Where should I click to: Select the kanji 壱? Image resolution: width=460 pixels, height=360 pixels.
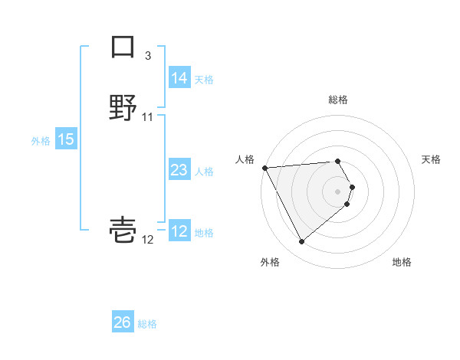[123, 229]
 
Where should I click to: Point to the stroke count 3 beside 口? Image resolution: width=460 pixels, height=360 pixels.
[148, 55]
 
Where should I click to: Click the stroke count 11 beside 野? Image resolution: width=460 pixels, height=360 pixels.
[148, 116]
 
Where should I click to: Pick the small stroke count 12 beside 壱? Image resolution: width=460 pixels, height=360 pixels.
[148, 240]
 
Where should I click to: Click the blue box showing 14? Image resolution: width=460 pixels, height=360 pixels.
[179, 78]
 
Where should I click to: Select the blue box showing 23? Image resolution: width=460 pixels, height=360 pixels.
[179, 170]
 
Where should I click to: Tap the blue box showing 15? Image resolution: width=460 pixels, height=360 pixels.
[65, 139]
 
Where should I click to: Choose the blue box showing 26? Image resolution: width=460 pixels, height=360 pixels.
[123, 322]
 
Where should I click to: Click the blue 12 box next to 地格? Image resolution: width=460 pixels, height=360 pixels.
[179, 231]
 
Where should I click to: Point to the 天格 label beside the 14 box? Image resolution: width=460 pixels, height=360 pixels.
[204, 79]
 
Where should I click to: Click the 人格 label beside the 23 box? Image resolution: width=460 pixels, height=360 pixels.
[204, 171]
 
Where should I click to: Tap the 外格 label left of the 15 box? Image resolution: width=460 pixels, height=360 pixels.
[41, 140]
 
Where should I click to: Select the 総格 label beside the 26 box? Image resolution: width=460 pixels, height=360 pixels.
[147, 323]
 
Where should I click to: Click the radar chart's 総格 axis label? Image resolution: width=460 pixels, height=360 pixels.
[338, 100]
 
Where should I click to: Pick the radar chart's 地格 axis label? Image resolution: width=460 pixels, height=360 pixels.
[402, 262]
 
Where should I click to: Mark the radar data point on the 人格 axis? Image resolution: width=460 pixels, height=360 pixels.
[264, 167]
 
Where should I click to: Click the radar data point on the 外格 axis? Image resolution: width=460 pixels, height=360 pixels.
[301, 242]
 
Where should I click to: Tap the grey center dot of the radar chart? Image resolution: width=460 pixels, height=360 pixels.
[338, 191]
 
